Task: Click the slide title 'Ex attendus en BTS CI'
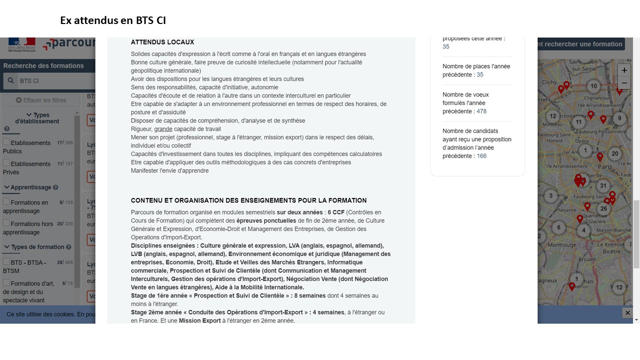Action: (x=113, y=20)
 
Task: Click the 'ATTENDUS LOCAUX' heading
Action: (x=162, y=42)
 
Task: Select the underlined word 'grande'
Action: (x=163, y=129)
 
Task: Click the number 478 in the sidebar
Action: (x=481, y=111)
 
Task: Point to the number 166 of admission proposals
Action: (x=481, y=156)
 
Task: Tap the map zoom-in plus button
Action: (x=624, y=70)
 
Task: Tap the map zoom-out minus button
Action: (x=624, y=83)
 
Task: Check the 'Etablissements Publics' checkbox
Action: (x=6, y=142)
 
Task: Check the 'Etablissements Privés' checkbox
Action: (x=6, y=163)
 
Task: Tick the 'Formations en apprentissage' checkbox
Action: (x=6, y=201)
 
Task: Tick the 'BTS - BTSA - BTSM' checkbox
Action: (x=6, y=261)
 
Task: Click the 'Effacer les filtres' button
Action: (x=41, y=100)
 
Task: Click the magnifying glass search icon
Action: (x=10, y=80)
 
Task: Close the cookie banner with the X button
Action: (x=627, y=312)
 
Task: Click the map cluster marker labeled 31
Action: (x=603, y=185)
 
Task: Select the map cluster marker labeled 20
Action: (x=615, y=153)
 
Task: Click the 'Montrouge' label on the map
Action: (x=562, y=245)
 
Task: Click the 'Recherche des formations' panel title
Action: (x=43, y=65)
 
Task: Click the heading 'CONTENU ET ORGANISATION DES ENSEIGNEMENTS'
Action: (x=248, y=200)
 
